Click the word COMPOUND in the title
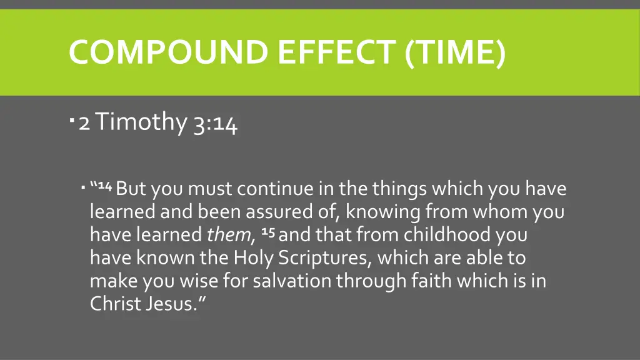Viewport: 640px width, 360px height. (169, 52)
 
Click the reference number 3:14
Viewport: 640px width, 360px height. (215, 123)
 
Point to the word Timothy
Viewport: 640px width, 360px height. (141, 122)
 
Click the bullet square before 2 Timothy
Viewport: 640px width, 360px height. (73, 117)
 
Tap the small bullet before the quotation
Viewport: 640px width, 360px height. (83, 186)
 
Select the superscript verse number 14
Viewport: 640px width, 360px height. (105, 186)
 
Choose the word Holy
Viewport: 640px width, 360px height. (254, 258)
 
